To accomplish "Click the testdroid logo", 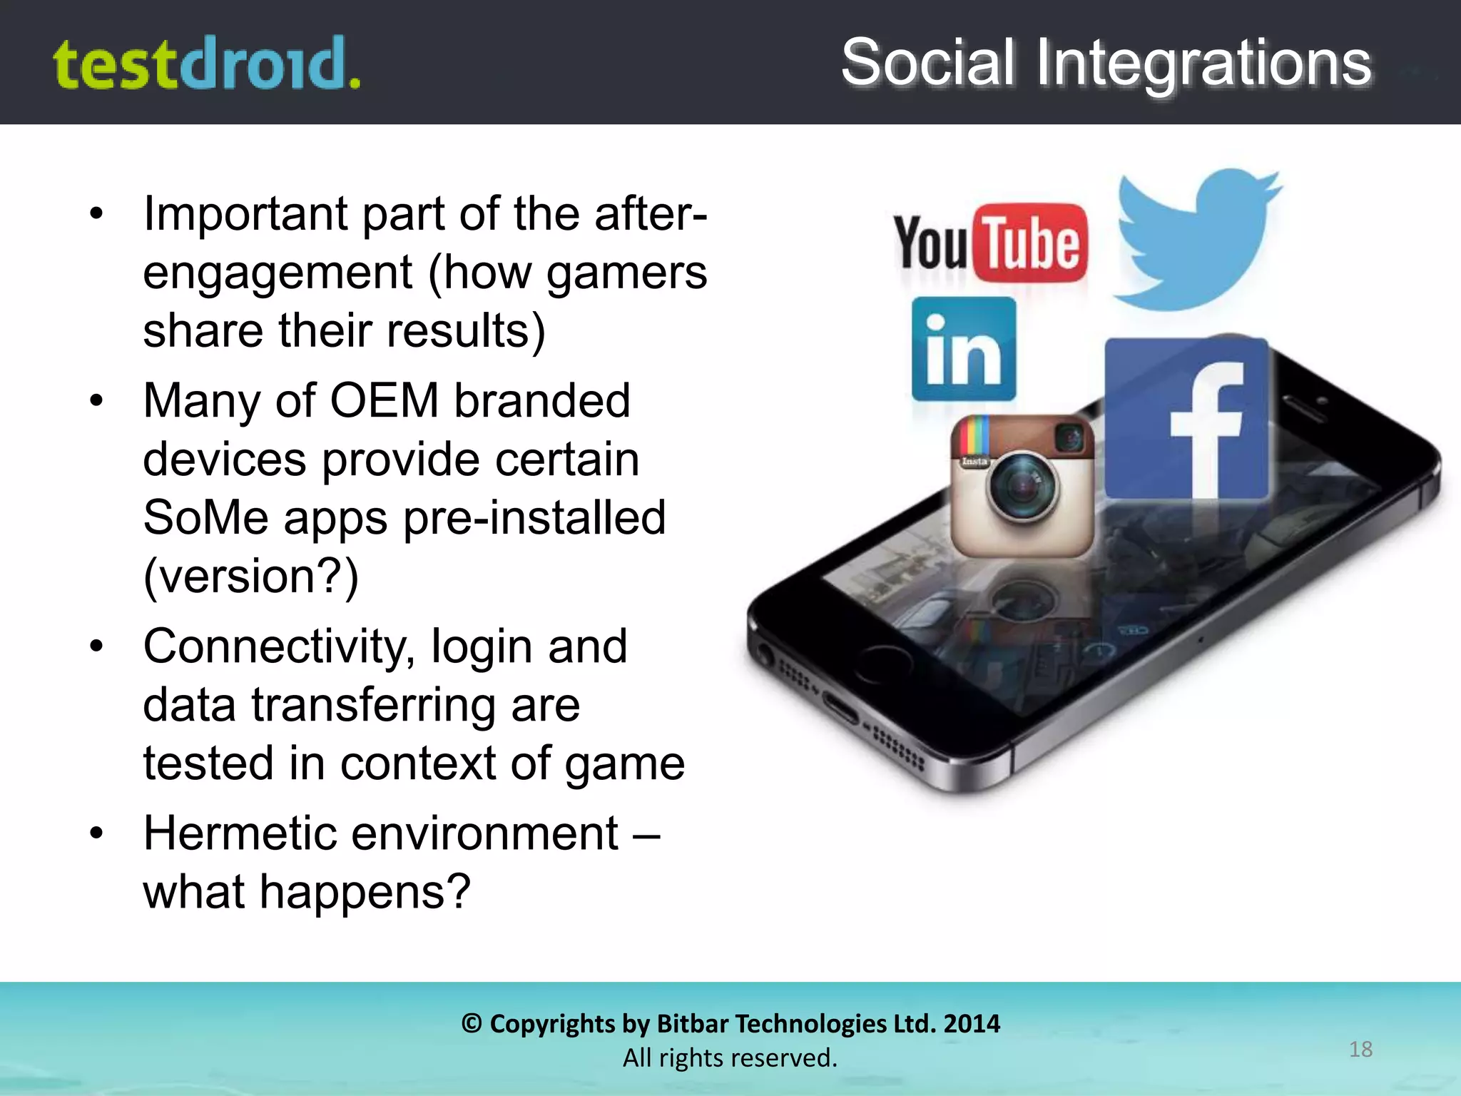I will tap(207, 64).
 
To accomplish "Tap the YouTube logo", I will tap(990, 243).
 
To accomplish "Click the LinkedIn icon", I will tap(964, 349).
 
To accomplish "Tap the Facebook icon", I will tap(1186, 419).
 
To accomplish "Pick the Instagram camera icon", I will tap(1022, 486).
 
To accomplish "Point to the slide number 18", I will tap(1360, 1049).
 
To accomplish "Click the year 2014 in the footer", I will tap(971, 1024).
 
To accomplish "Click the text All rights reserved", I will tap(730, 1057).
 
